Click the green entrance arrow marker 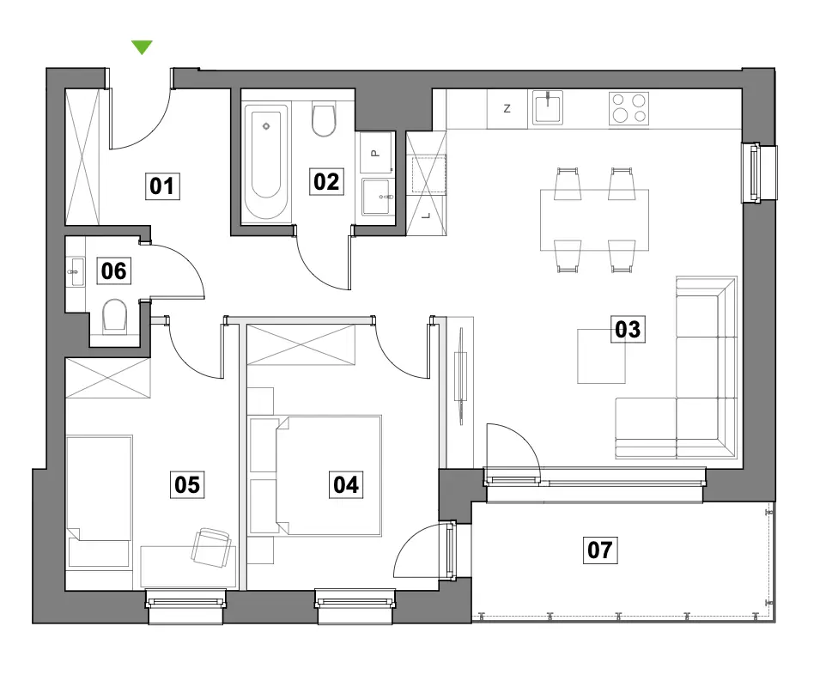[x=143, y=46]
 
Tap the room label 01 [x=162, y=186]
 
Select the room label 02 [x=326, y=181]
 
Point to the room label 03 [x=628, y=329]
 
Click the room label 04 [x=346, y=484]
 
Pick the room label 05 [x=187, y=484]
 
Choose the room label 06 [x=113, y=271]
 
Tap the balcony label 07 [x=600, y=550]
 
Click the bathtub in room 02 [x=266, y=162]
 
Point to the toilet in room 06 [x=114, y=316]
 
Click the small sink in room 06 [x=77, y=271]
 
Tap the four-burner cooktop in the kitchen [x=629, y=108]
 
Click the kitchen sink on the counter [x=548, y=107]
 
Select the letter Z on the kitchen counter [x=507, y=109]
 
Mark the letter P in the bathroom [x=375, y=154]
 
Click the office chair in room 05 [x=212, y=547]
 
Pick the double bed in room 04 [x=329, y=476]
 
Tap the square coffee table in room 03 [x=601, y=356]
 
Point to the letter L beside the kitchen [x=427, y=216]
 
